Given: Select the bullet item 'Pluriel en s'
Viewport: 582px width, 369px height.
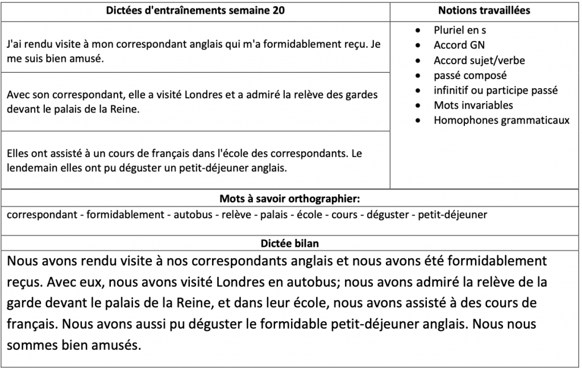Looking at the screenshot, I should click(x=460, y=30).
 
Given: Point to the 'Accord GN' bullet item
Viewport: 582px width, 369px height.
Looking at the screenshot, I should click(x=459, y=45).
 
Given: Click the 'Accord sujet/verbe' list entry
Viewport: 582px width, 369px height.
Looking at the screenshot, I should click(x=479, y=60).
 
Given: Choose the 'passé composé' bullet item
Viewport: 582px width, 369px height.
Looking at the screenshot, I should click(x=470, y=75).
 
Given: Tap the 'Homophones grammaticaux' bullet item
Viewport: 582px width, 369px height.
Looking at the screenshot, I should click(x=501, y=120).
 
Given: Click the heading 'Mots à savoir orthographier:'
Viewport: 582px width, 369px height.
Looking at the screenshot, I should click(x=290, y=199).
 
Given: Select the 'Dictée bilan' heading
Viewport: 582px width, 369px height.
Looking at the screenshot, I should click(x=290, y=243).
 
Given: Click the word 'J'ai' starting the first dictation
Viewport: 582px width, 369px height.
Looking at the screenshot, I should click(x=16, y=44).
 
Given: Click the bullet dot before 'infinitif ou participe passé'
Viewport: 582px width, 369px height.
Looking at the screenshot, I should click(x=419, y=90).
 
